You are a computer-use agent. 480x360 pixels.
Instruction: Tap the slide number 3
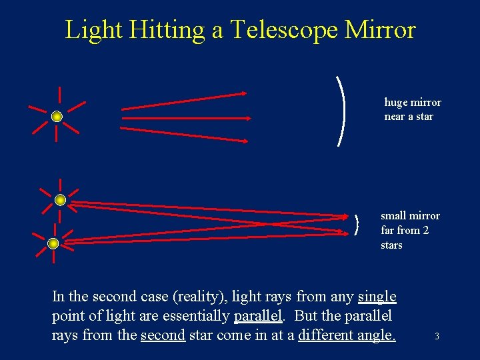[437, 337]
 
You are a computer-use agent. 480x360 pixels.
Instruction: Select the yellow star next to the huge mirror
[57, 117]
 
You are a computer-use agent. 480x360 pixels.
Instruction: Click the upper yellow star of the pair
[60, 200]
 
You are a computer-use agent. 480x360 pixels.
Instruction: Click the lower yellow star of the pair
[53, 243]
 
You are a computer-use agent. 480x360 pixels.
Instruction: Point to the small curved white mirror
[359, 225]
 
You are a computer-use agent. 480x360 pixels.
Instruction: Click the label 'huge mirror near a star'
[412, 109]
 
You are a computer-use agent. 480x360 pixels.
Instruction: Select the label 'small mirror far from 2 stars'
[409, 230]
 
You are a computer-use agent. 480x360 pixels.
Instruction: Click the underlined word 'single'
[377, 297]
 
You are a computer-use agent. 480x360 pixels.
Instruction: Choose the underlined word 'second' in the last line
[163, 335]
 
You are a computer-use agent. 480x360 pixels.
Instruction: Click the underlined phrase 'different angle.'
[347, 335]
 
